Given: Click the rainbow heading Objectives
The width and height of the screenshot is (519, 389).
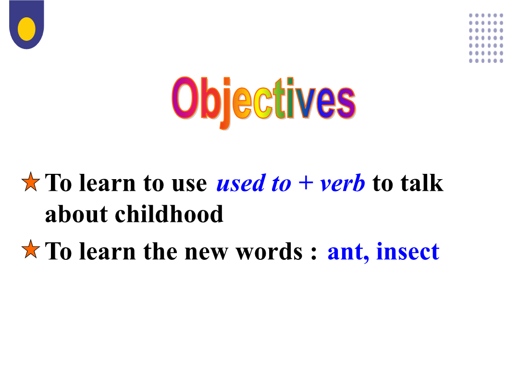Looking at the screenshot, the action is [x=264, y=101].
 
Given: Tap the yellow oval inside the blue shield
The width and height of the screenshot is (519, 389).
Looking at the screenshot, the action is [x=26, y=29].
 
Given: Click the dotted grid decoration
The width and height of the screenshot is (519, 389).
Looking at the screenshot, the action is [x=486, y=38].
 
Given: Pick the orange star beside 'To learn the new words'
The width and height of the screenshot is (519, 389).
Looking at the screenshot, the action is [x=31, y=249].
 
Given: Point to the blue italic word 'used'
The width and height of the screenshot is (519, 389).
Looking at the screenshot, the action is [x=241, y=183].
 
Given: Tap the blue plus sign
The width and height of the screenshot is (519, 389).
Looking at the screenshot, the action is [x=306, y=183].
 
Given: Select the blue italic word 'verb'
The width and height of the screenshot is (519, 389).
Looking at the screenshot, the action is [x=342, y=183].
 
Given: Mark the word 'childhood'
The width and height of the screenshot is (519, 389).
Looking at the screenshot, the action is [x=169, y=214].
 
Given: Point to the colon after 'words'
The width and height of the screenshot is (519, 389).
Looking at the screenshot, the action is [x=314, y=253].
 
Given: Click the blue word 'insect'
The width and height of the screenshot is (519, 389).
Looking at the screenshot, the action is [x=408, y=251].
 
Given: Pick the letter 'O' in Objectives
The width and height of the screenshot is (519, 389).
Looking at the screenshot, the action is [x=185, y=98].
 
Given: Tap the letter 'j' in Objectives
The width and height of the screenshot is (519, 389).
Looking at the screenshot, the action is [x=226, y=103].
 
